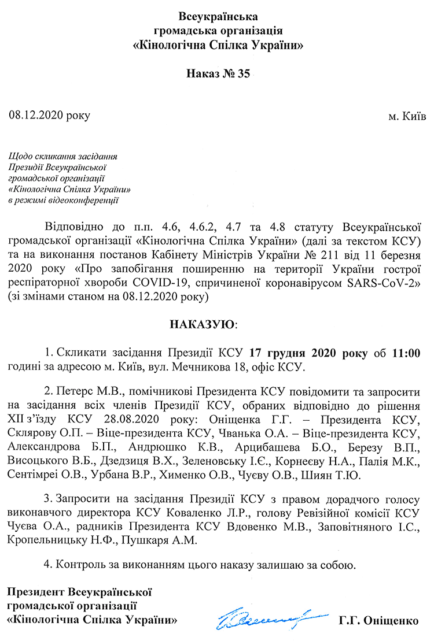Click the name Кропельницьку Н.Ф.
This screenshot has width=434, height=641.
pyautogui.click(x=58, y=540)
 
